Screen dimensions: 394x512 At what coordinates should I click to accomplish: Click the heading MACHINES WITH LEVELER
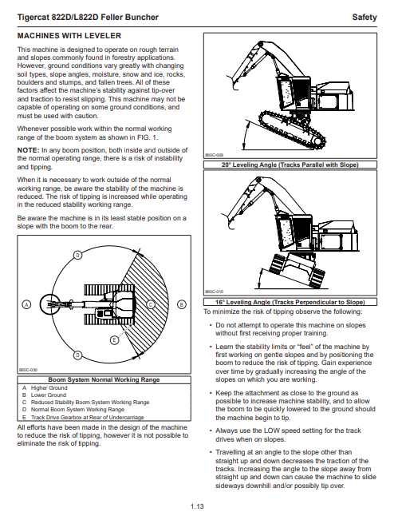click(69, 36)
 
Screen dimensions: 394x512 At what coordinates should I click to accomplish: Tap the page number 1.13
click(197, 506)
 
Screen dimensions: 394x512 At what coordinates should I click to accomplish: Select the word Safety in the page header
click(364, 18)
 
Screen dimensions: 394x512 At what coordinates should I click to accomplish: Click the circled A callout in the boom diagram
click(26, 304)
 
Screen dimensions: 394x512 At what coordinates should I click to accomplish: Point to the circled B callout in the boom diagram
click(182, 304)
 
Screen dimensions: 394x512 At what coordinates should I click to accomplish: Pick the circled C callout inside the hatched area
click(151, 304)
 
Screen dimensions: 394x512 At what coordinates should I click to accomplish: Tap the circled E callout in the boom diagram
click(114, 340)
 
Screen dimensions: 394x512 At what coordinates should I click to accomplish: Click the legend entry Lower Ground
click(49, 395)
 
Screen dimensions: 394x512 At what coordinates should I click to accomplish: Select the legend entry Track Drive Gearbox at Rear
click(88, 417)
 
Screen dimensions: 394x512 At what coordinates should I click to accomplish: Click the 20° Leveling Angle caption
click(290, 165)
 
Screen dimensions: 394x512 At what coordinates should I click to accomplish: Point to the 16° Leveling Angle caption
click(290, 302)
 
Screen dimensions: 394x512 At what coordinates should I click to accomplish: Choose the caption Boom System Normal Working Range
click(104, 379)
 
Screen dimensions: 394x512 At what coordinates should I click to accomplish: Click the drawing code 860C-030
click(28, 370)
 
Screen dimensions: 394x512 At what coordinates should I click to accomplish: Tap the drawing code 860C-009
click(215, 155)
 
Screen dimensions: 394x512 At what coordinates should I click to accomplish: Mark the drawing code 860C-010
click(215, 292)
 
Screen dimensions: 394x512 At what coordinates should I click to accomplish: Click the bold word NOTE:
click(29, 150)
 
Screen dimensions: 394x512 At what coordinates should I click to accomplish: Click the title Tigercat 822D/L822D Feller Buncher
click(88, 18)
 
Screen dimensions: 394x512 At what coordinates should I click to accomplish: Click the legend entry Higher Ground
click(49, 388)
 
